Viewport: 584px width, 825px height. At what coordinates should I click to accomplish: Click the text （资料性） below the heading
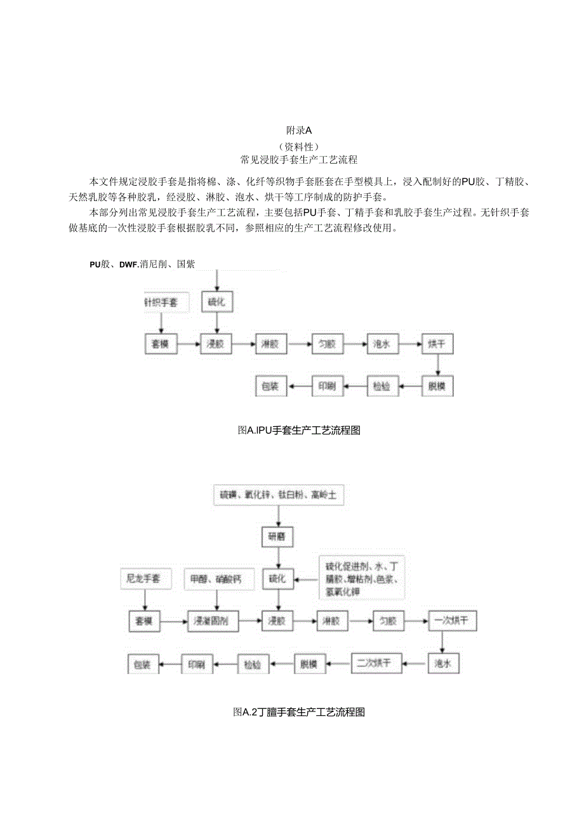click(298, 145)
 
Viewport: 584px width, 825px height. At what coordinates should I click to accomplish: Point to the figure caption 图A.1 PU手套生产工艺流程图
click(298, 430)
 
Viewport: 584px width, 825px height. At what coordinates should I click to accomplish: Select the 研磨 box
click(277, 537)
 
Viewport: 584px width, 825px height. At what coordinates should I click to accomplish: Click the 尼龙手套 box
click(144, 578)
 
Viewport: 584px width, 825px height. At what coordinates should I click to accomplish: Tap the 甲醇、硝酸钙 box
click(218, 578)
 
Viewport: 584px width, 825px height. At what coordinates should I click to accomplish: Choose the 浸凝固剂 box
click(211, 621)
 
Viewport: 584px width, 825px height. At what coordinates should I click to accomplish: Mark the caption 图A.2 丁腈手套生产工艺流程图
click(298, 712)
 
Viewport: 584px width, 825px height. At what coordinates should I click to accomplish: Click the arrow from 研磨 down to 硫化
click(277, 557)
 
